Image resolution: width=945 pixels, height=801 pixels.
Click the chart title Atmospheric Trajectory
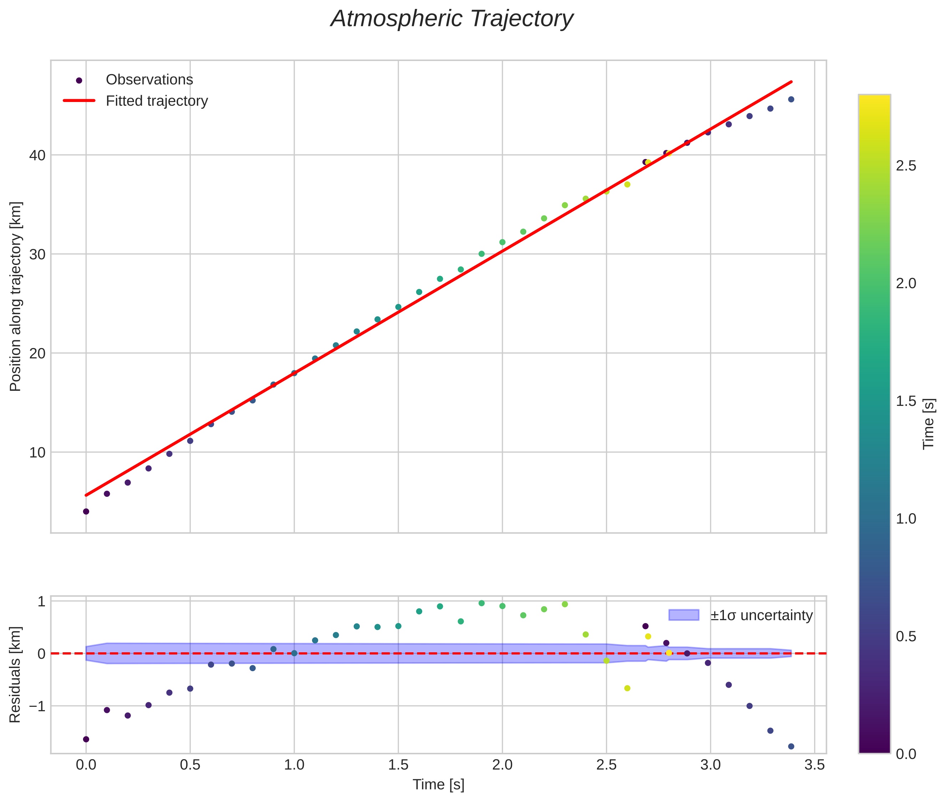452,19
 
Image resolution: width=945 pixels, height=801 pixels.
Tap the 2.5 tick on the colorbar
906,166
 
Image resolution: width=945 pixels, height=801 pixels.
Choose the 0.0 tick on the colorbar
906,754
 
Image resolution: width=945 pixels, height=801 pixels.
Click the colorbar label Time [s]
929,424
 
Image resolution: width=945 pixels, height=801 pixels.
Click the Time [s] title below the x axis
438,785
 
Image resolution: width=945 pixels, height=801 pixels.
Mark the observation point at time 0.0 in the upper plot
86,512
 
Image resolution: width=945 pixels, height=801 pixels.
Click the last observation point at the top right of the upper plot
791,100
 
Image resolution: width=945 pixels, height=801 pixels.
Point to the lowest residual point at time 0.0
86,739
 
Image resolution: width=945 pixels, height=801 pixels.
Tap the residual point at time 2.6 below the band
627,688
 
